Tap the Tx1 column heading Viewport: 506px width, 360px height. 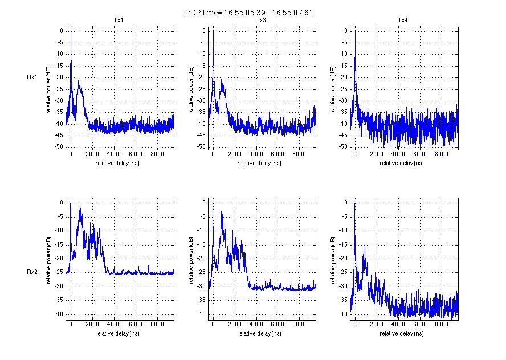click(119, 21)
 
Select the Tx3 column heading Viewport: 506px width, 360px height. click(261, 21)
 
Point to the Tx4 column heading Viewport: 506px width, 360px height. click(403, 21)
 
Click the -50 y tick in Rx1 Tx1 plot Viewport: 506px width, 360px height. click(59, 147)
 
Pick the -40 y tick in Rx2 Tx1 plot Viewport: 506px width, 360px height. click(59, 314)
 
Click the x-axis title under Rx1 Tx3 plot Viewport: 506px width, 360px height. click(261, 163)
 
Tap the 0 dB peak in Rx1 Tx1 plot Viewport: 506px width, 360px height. click(71, 32)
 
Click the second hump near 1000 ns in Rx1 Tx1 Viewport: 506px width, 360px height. click(80, 84)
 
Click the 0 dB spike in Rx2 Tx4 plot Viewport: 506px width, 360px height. click(355, 203)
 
